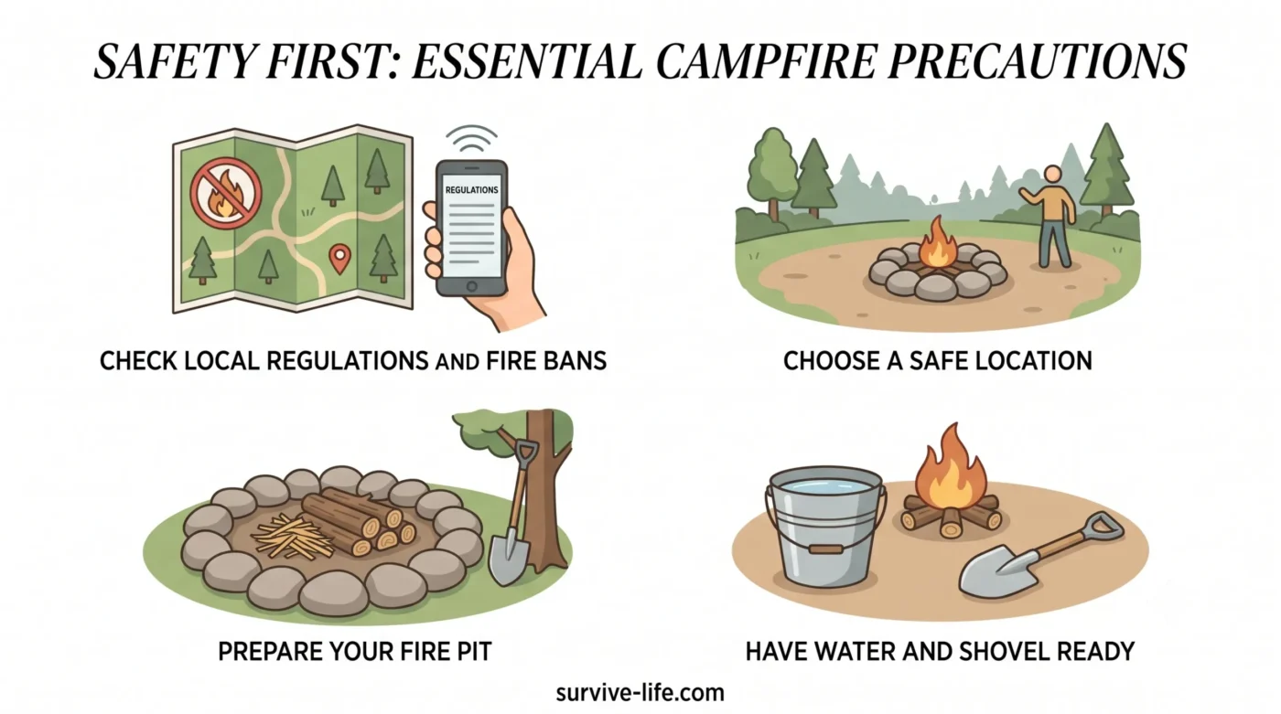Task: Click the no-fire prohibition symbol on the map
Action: pos(226,194)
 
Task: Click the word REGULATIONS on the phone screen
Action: pos(471,189)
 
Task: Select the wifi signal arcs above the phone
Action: pos(471,138)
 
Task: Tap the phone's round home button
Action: pos(472,286)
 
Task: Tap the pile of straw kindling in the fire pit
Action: pos(293,536)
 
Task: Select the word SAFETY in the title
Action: pos(174,60)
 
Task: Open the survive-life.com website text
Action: pos(640,693)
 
